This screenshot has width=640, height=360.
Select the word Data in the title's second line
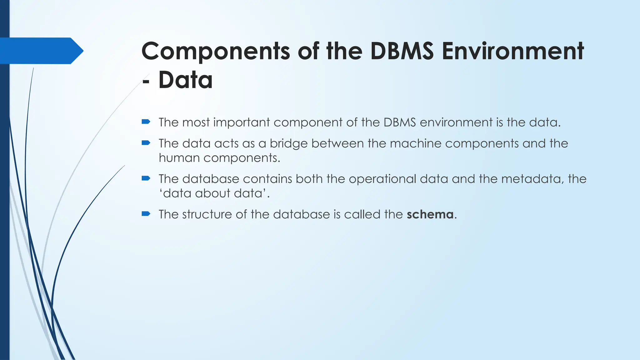[x=185, y=80]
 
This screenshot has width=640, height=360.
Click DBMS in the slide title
[x=402, y=51]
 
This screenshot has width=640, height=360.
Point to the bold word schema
[x=430, y=214]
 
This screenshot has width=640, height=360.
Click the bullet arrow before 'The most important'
[x=146, y=122]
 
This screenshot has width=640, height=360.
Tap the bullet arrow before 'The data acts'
[x=146, y=143]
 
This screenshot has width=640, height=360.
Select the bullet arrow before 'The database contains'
[x=146, y=178]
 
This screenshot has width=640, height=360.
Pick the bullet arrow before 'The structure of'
[x=146, y=214]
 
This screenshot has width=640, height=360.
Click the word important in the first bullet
[x=242, y=122]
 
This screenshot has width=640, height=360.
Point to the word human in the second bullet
[x=179, y=158]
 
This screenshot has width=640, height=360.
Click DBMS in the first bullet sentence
[x=399, y=122]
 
